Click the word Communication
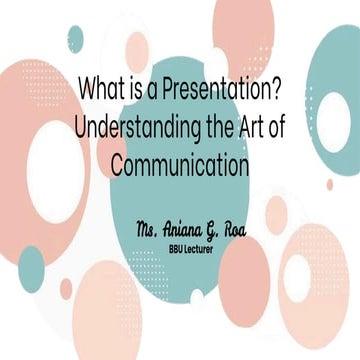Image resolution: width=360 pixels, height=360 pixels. coord(180,164)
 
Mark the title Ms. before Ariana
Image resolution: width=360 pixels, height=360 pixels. coord(149,228)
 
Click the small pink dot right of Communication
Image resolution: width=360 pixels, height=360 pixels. coord(329,183)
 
